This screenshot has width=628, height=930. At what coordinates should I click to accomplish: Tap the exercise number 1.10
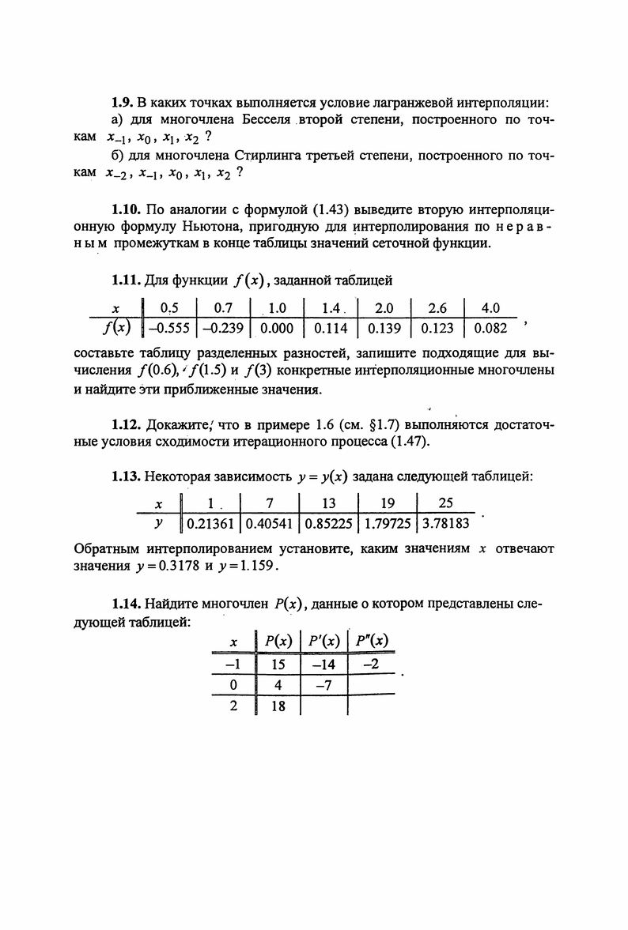(x=126, y=209)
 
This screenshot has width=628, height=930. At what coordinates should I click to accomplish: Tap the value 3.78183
(x=445, y=522)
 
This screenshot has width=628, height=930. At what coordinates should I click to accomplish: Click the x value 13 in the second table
(x=328, y=503)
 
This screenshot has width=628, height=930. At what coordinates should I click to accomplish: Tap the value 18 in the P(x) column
(x=278, y=706)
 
